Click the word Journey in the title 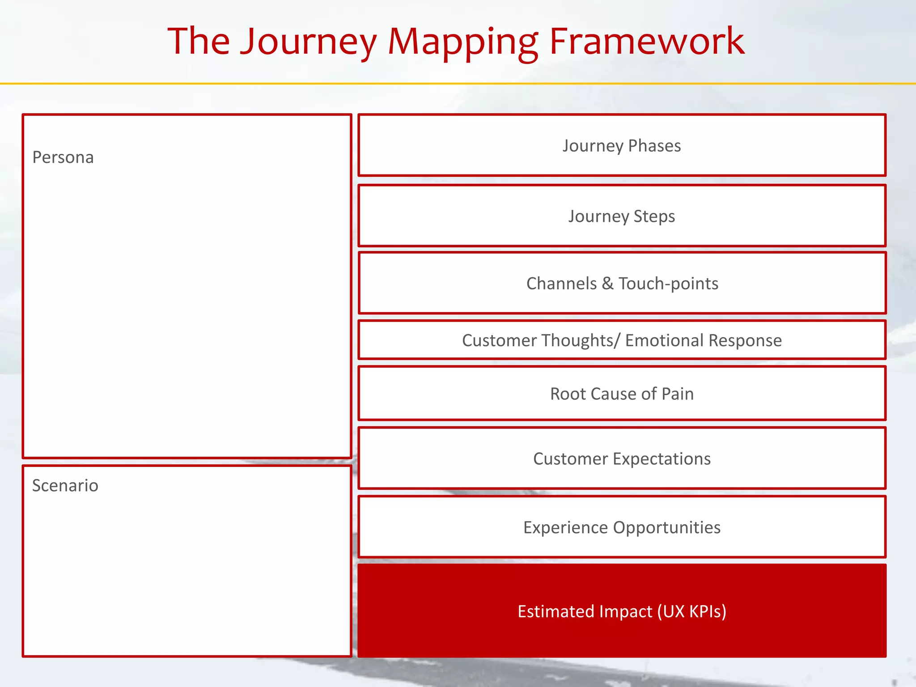click(x=309, y=42)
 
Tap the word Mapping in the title click(x=463, y=42)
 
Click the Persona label click(x=63, y=157)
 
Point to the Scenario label click(x=65, y=486)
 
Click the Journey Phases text click(x=622, y=146)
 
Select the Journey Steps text click(x=622, y=216)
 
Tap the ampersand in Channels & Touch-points click(x=607, y=284)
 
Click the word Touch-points click(x=668, y=284)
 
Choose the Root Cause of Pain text click(x=622, y=394)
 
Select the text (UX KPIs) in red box click(x=691, y=611)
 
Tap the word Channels click(x=561, y=284)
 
